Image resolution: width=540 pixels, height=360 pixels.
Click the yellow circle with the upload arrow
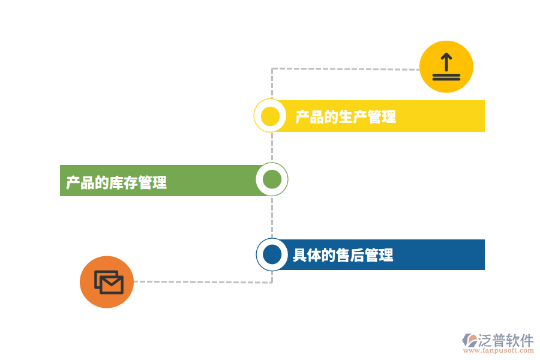(446, 67)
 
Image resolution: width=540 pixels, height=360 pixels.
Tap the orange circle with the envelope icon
(107, 282)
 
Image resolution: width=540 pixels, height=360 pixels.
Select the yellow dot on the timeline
(270, 116)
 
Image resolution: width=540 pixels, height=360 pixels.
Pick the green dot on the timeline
(272, 179)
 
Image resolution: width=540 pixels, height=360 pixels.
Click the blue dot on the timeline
(272, 254)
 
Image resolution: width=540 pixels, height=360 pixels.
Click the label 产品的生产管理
(346, 117)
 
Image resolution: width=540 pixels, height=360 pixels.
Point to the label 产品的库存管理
(116, 182)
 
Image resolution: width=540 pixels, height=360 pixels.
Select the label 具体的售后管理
(343, 255)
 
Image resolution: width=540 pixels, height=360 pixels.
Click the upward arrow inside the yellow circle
(446, 62)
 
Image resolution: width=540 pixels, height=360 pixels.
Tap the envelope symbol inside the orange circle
(109, 282)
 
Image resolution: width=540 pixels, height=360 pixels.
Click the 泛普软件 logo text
(506, 340)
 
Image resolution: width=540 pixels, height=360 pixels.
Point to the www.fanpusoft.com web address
(499, 350)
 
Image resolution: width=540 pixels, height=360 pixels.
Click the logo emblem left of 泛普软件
(470, 340)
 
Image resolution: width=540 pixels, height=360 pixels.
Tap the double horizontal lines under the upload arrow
(446, 77)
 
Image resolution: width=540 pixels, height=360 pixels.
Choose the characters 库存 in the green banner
(123, 182)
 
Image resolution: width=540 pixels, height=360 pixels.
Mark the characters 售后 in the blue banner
(350, 255)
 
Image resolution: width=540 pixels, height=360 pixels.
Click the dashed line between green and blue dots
(272, 217)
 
